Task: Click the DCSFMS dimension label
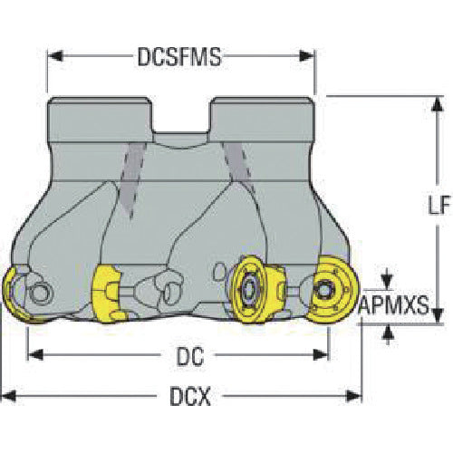[179, 57]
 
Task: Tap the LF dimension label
[439, 205]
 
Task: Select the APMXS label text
[393, 305]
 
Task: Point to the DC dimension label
[190, 357]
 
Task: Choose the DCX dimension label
[190, 396]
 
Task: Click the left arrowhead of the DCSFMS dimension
[56, 56]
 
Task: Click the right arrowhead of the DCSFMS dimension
[306, 56]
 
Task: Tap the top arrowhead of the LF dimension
[438, 104]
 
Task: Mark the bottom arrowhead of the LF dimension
[438, 315]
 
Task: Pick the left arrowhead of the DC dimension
[35, 354]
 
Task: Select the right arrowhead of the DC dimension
[320, 354]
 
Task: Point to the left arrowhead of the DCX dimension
[8, 396]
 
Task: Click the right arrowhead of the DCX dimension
[354, 396]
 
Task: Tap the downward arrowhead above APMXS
[388, 282]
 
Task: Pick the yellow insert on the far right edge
[333, 289]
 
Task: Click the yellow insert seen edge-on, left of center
[108, 294]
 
